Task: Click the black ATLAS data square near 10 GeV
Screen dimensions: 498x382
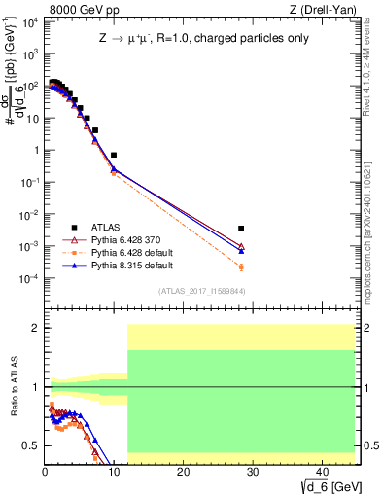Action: click(x=114, y=155)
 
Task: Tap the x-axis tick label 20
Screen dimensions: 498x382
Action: click(x=183, y=472)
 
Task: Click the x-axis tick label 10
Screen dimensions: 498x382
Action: click(x=114, y=472)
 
